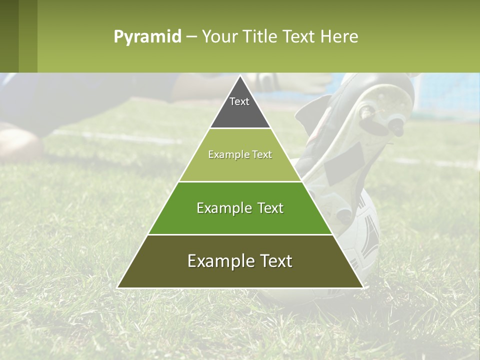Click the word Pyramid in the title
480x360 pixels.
pos(147,37)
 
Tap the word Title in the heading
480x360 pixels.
pos(260,37)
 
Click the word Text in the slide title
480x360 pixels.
pos(299,37)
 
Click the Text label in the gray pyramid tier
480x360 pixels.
pos(239,101)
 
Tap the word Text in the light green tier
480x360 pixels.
pos(262,155)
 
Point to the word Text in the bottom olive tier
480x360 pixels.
pos(274,261)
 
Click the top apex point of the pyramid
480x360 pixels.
pos(240,76)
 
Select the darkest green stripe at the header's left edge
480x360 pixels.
pos(9,36)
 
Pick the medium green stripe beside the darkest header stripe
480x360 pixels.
pos(28,36)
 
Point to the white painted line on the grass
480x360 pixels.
pos(115,136)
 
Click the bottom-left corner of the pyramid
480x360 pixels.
pos(118,287)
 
